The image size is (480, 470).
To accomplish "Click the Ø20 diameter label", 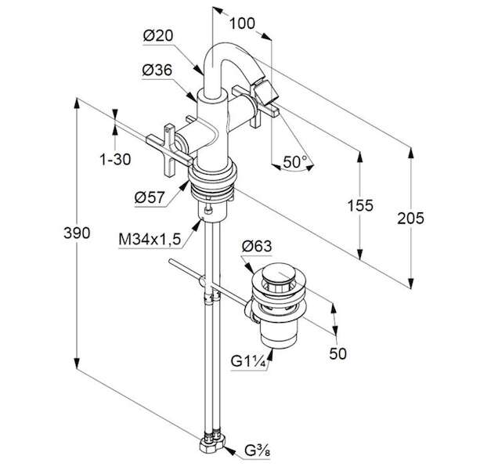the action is pyautogui.click(x=158, y=35).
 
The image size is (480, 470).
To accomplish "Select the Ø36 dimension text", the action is pyautogui.click(x=157, y=70).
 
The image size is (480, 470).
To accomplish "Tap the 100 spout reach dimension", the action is pyautogui.click(x=242, y=23).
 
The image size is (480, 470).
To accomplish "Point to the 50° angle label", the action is pyautogui.click(x=294, y=161).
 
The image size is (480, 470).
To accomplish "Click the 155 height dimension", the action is pyautogui.click(x=360, y=205).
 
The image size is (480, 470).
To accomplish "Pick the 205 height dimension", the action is pyautogui.click(x=410, y=218).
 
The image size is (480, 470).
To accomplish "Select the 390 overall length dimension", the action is pyautogui.click(x=77, y=233).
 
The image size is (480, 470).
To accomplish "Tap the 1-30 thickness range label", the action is pyautogui.click(x=115, y=159).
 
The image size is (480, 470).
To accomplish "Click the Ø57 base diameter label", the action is pyautogui.click(x=150, y=197).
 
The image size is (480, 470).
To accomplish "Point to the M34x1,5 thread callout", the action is pyautogui.click(x=150, y=239).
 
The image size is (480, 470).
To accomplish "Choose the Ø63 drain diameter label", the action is pyautogui.click(x=257, y=245).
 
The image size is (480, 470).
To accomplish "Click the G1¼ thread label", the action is pyautogui.click(x=247, y=361).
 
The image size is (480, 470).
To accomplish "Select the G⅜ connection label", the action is pyautogui.click(x=258, y=450).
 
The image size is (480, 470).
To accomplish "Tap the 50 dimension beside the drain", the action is pyautogui.click(x=337, y=353).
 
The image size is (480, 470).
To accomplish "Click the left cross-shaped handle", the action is pyautogui.click(x=169, y=150).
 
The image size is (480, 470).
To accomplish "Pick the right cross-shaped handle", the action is pyautogui.click(x=256, y=105).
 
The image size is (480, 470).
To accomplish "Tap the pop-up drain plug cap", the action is pyautogui.click(x=278, y=273).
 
